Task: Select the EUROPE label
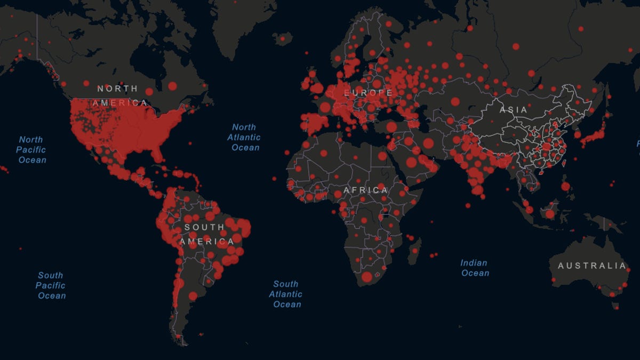369,93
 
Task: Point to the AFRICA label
366,190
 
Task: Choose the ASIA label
514,110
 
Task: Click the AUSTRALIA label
591,266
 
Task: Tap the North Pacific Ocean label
31,150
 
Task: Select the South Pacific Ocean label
51,285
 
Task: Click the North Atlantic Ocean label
245,137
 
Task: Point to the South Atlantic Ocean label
286,294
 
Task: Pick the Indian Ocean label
474,268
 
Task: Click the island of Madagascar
414,251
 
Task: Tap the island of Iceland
283,38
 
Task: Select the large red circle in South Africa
367,277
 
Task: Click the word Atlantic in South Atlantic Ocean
286,294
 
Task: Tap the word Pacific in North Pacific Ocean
31,150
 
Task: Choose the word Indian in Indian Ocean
474,262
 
